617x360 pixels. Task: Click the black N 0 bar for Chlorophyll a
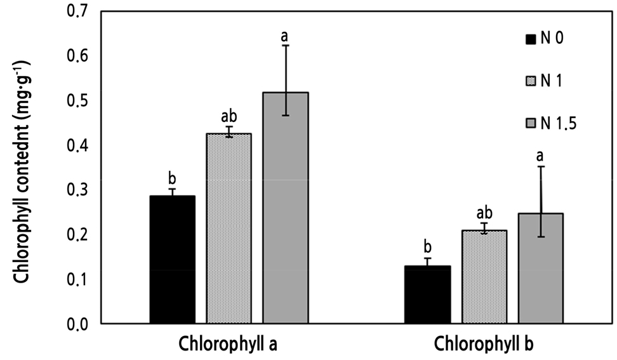coord(172,260)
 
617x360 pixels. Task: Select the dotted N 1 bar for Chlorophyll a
coord(229,229)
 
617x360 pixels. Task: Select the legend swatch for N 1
coord(531,81)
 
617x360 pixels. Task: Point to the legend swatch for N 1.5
coord(531,123)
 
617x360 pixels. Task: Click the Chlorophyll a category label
coord(228,345)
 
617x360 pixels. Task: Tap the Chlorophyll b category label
coord(484,345)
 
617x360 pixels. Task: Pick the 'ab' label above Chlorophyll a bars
coord(229,116)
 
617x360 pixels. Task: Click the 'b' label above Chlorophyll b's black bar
coord(428,246)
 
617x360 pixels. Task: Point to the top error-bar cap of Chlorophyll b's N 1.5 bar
coord(541,166)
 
